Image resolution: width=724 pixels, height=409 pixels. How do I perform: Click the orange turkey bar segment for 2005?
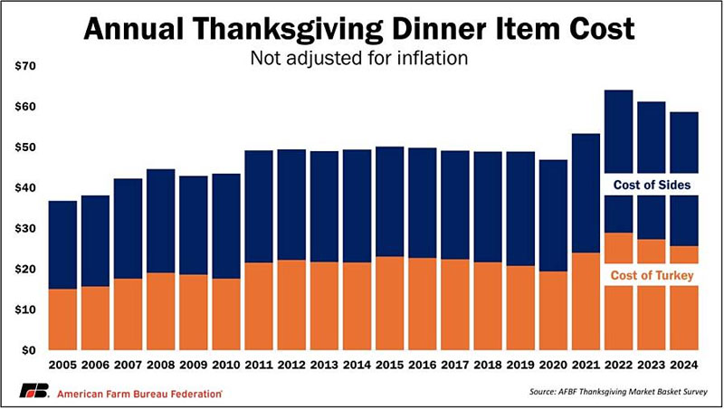pyautogui.click(x=62, y=319)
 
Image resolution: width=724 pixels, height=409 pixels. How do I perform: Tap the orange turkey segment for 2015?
pyautogui.click(x=389, y=303)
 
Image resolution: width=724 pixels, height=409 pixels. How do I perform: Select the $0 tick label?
pyautogui.click(x=27, y=350)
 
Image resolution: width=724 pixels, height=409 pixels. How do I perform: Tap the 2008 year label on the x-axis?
pyautogui.click(x=160, y=368)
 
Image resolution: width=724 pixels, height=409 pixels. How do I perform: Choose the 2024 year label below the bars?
pyautogui.click(x=683, y=368)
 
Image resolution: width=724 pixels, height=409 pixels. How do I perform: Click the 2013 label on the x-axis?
pyautogui.click(x=324, y=368)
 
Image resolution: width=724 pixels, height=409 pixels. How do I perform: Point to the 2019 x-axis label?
pyautogui.click(x=519, y=368)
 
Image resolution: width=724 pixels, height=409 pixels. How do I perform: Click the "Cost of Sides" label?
pyautogui.click(x=651, y=185)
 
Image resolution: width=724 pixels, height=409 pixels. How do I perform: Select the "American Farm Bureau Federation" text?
pyautogui.click(x=140, y=394)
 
